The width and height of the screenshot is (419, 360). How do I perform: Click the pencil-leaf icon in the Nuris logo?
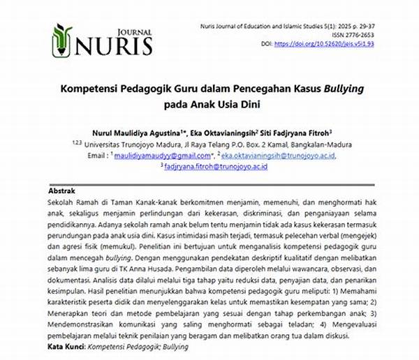62,40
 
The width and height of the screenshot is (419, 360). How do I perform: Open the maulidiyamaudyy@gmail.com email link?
155,155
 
